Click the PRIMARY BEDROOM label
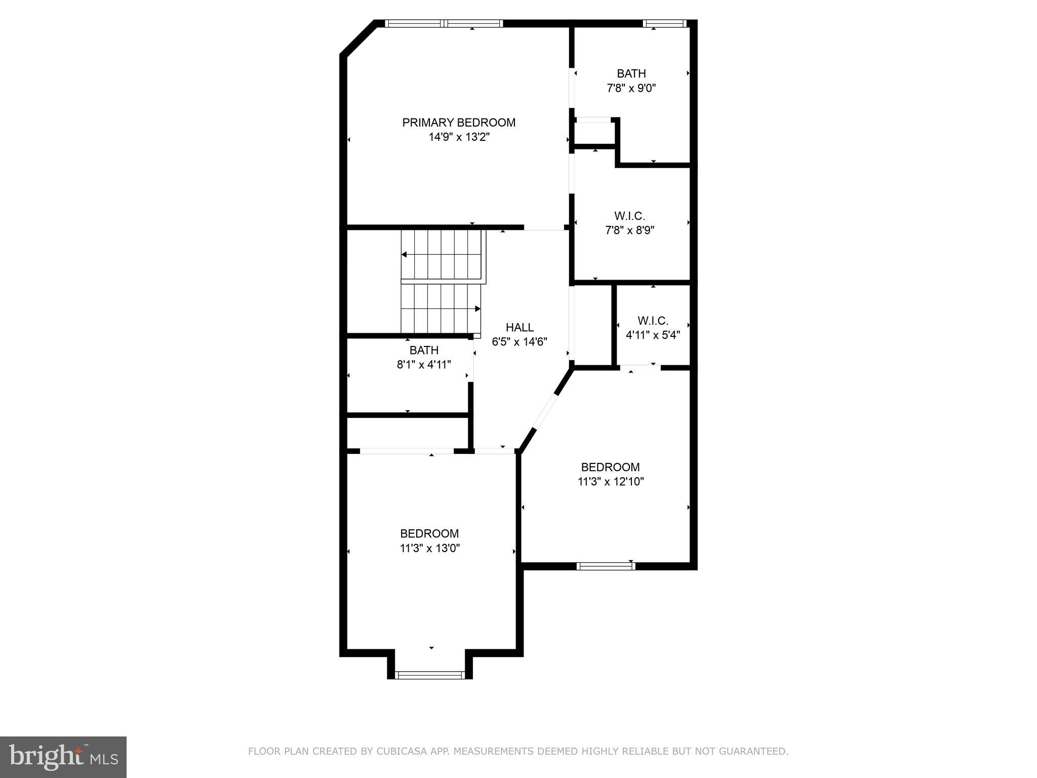(x=459, y=123)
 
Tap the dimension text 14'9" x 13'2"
(x=459, y=137)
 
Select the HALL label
(x=520, y=328)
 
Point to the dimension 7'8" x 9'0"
(x=631, y=89)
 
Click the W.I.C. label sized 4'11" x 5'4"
(x=653, y=321)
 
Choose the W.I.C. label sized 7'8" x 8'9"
(x=629, y=216)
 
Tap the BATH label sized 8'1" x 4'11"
(x=424, y=351)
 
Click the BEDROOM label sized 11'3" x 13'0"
(x=429, y=534)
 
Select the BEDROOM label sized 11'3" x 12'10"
(x=610, y=468)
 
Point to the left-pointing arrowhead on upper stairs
(x=404, y=254)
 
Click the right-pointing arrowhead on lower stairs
(x=477, y=308)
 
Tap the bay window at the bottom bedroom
(x=430, y=675)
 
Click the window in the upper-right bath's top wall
(x=664, y=23)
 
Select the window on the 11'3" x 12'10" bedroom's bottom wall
(x=606, y=566)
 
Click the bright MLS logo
(x=63, y=757)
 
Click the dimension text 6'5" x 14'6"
(x=520, y=342)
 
